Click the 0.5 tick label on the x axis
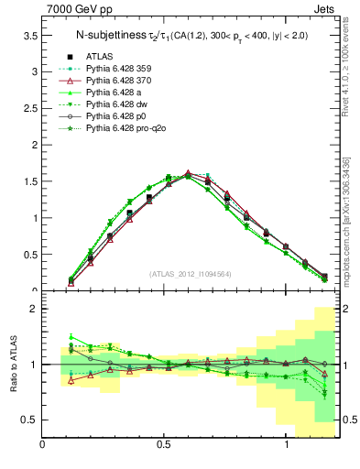click(164, 446)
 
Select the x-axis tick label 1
click(288, 446)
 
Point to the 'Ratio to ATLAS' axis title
click(12, 365)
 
